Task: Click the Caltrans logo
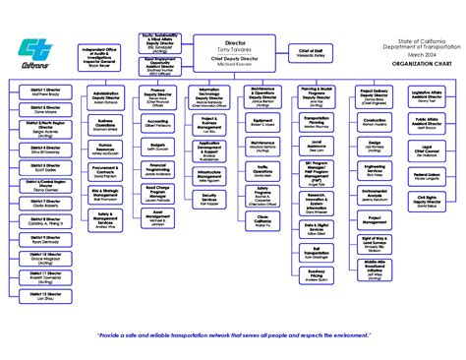click(x=40, y=51)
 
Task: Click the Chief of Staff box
click(x=311, y=51)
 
